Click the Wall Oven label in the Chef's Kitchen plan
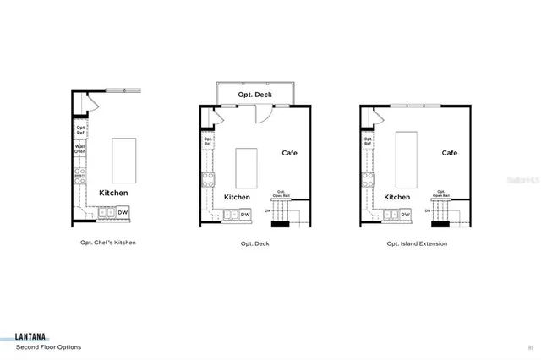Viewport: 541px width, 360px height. (x=80, y=150)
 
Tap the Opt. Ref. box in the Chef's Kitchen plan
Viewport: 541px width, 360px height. (x=80, y=129)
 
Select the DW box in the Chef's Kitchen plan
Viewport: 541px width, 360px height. (x=123, y=212)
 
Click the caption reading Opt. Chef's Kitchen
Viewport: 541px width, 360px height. (x=102, y=243)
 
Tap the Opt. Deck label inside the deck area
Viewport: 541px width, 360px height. (x=254, y=95)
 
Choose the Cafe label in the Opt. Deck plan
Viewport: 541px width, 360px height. (x=290, y=153)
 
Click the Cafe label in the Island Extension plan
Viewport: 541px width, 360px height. (x=449, y=153)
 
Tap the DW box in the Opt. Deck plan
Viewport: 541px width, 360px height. (x=245, y=215)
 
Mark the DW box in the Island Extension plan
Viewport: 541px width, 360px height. (x=404, y=215)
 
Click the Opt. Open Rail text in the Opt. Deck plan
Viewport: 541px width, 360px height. (x=281, y=193)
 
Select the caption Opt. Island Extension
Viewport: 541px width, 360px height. (x=417, y=243)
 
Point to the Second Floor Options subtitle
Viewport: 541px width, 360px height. (x=49, y=346)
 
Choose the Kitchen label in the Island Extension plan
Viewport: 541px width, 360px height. (x=396, y=197)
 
